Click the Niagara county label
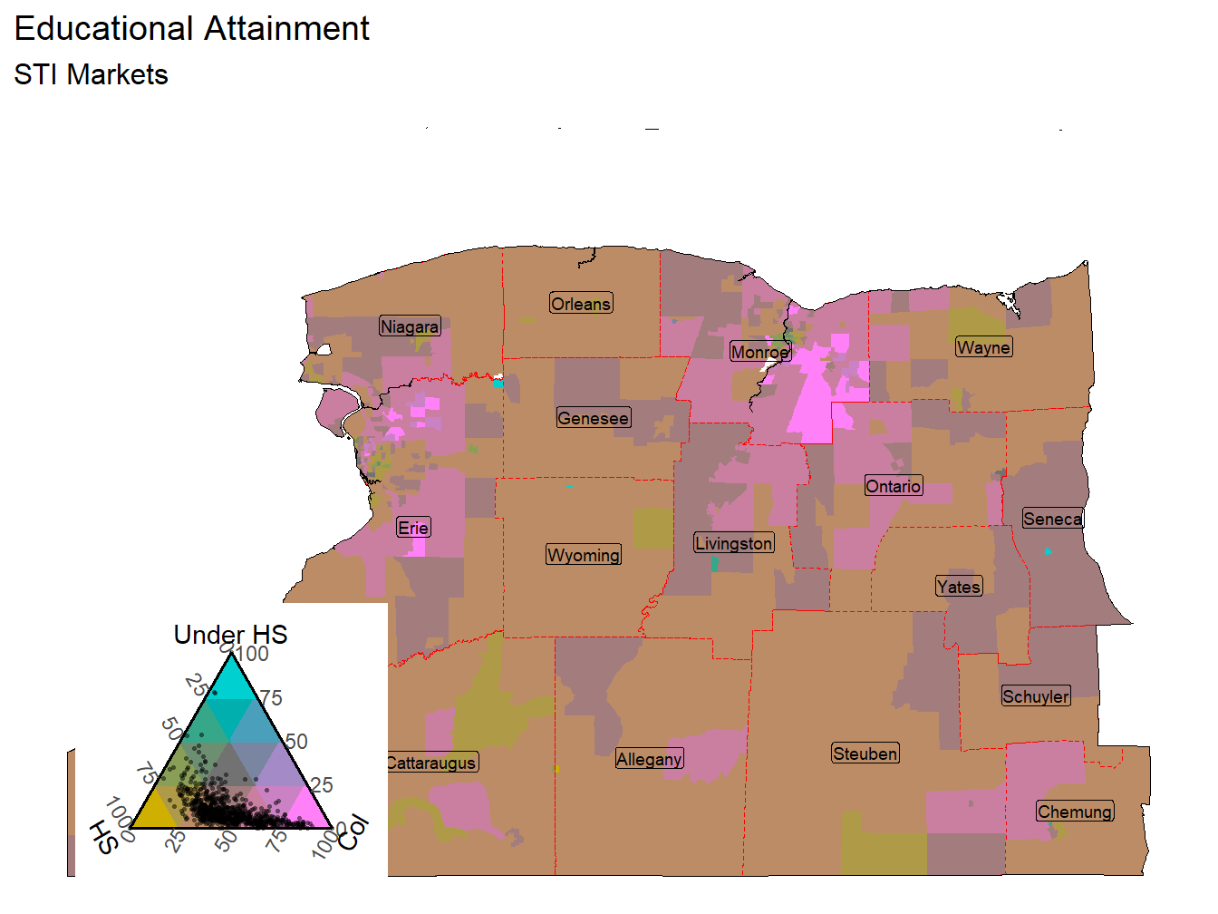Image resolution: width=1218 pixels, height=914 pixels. click(410, 326)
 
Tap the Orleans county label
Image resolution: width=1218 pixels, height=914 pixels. click(581, 304)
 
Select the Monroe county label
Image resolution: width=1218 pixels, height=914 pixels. click(760, 352)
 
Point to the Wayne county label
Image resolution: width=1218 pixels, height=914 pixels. click(983, 347)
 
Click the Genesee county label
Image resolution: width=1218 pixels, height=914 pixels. click(594, 418)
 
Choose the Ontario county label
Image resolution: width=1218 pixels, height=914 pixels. click(894, 486)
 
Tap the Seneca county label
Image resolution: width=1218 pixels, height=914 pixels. click(1052, 519)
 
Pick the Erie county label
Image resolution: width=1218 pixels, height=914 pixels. click(413, 528)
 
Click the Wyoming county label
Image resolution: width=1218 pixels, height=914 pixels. click(584, 555)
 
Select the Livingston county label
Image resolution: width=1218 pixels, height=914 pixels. click(734, 543)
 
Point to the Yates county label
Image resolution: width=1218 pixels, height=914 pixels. click(959, 587)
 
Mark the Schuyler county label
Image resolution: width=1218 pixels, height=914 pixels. click(1036, 696)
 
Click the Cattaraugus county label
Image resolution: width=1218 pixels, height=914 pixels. click(432, 763)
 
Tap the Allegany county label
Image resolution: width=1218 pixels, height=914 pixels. click(649, 759)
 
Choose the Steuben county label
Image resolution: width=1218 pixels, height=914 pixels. click(865, 754)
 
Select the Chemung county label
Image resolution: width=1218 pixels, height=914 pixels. click(1075, 812)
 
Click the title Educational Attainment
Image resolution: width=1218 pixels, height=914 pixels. click(191, 29)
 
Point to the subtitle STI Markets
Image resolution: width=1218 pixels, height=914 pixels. click(91, 74)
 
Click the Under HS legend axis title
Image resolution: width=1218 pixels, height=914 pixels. click(230, 635)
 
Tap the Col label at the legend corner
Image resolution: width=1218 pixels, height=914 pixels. click(353, 831)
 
